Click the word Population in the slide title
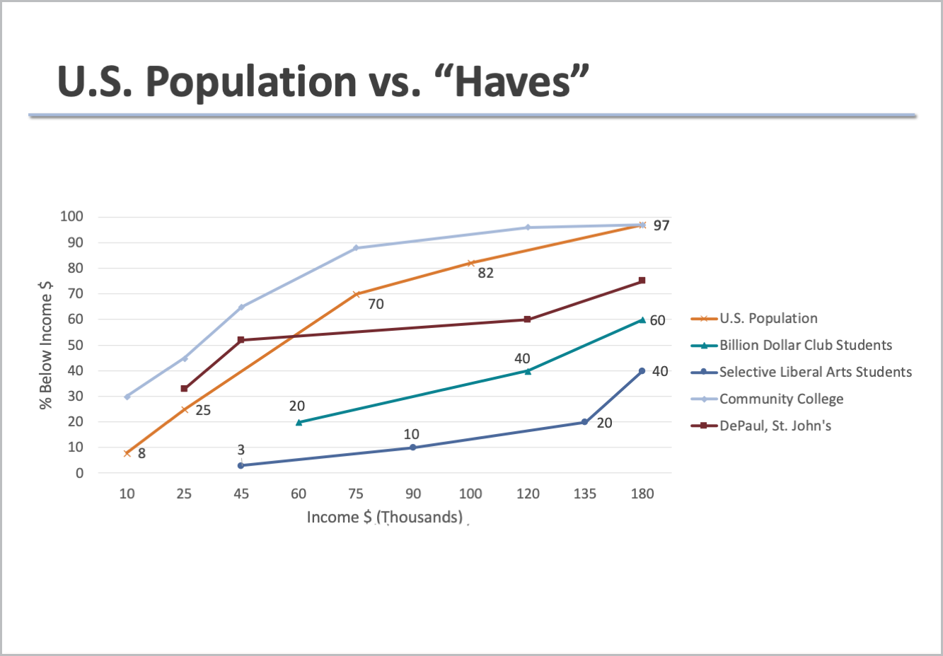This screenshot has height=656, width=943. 250,81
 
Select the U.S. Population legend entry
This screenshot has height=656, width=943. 768,319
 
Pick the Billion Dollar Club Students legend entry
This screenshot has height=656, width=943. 805,346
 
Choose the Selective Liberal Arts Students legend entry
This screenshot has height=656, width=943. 815,373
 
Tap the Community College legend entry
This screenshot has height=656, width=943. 781,399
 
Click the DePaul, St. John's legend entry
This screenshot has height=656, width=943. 775,426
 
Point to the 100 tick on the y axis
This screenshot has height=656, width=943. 71,217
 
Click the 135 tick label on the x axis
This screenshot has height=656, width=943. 585,494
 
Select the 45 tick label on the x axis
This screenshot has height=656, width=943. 241,494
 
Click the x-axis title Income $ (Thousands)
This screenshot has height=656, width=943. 384,517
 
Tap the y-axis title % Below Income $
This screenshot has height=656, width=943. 46,346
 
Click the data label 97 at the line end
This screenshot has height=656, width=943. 661,226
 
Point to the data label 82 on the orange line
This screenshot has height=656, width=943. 485,274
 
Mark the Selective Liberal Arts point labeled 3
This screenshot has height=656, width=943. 241,465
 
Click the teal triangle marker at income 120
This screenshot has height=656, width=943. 528,370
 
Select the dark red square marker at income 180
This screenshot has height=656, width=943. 642,281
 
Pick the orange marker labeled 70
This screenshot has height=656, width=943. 357,294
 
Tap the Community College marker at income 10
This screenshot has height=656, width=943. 127,397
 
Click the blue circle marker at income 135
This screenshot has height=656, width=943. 585,422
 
